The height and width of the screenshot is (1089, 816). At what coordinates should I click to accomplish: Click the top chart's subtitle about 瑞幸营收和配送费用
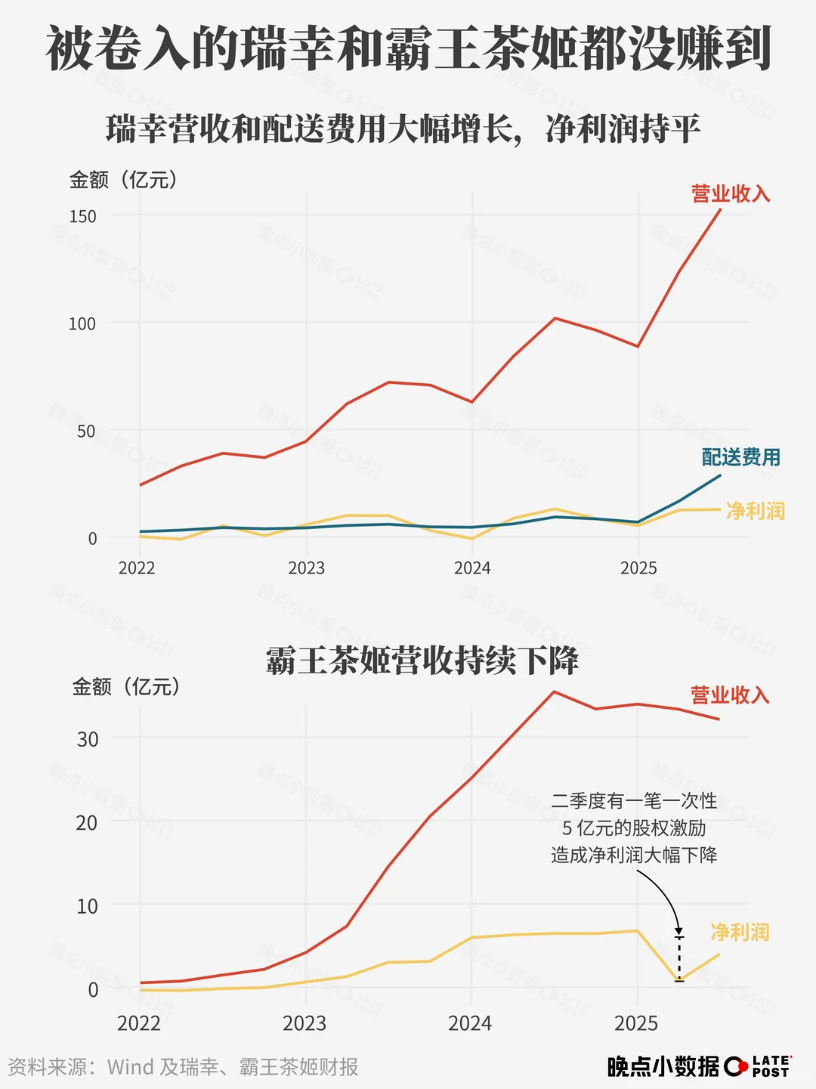(403, 129)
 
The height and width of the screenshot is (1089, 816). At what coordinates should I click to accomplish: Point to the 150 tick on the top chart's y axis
(83, 216)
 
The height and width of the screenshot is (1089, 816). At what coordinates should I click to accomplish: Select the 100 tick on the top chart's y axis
(83, 323)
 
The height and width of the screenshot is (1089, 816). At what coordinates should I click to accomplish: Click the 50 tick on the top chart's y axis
(87, 432)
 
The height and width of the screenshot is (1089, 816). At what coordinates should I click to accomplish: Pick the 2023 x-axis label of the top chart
(306, 568)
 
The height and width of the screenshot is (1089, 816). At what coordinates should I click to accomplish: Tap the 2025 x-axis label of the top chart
(638, 568)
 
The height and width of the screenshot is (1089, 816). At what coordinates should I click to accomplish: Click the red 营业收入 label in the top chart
(730, 194)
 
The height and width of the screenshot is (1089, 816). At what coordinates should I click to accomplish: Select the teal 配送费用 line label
(740, 457)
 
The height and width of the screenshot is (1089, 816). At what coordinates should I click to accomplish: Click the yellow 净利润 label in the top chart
(755, 511)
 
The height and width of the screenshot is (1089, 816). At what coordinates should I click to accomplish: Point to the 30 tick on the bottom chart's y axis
(88, 739)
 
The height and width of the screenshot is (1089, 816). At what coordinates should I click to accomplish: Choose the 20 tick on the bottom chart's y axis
(88, 822)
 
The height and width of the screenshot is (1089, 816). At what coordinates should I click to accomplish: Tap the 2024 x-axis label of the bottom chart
(470, 1023)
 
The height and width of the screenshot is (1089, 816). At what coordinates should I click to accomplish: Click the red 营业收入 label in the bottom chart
(729, 695)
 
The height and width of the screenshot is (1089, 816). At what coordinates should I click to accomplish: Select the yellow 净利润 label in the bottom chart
(739, 932)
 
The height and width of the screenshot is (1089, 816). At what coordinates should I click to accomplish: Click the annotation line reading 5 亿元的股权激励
(634, 828)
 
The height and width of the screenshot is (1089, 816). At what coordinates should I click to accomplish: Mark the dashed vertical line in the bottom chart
(679, 959)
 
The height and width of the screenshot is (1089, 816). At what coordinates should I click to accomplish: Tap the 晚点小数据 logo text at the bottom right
(663, 1066)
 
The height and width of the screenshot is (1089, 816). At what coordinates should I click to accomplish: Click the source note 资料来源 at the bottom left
(183, 1066)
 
